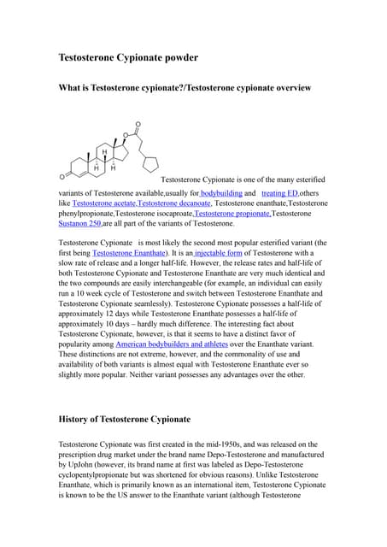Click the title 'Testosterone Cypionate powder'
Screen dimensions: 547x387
tap(127, 57)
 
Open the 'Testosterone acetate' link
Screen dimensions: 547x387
tap(103, 203)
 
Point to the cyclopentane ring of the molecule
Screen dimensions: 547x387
tap(153, 163)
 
